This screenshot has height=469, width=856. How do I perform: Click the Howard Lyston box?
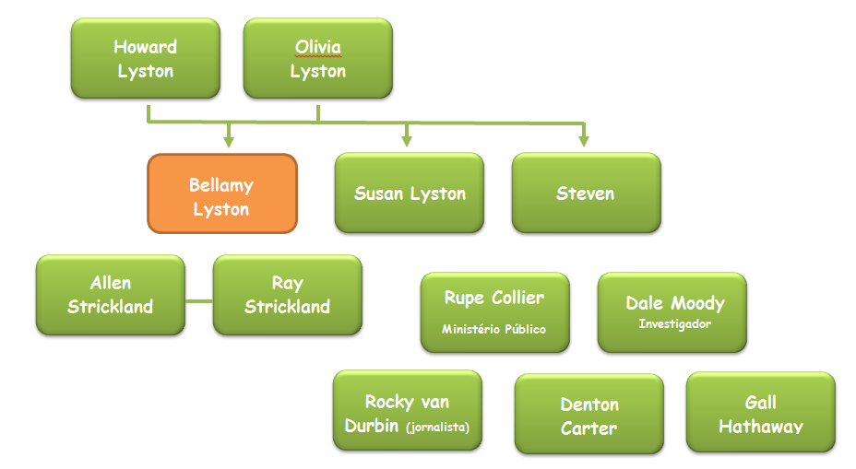click(x=145, y=58)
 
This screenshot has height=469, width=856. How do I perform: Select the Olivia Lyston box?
click(x=317, y=58)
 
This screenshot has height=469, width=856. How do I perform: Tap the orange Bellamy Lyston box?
click(x=222, y=193)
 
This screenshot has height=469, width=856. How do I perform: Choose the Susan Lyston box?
click(x=410, y=193)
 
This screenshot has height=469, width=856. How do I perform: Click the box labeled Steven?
click(x=587, y=193)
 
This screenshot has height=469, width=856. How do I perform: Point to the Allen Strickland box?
click(x=111, y=295)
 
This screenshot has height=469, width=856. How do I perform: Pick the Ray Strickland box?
click(x=288, y=295)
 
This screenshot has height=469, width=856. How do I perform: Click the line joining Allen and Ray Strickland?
click(x=199, y=301)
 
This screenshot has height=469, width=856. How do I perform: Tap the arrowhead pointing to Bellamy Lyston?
click(x=229, y=142)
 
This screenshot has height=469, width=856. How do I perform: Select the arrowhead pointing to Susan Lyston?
click(x=406, y=142)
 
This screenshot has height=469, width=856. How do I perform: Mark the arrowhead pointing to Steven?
click(x=584, y=142)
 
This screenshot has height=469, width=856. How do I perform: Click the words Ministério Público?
click(x=493, y=329)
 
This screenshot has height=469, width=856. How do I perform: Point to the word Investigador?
click(x=675, y=324)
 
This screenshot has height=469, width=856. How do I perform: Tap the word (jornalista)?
click(x=438, y=427)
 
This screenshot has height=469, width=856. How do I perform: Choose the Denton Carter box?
click(x=589, y=414)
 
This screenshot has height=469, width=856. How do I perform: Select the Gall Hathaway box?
click(x=760, y=412)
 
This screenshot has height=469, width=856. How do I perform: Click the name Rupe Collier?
click(x=494, y=298)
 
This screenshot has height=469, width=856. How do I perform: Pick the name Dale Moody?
click(x=675, y=303)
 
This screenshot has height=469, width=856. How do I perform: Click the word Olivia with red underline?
click(x=317, y=47)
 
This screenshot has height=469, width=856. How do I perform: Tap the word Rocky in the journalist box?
click(x=389, y=402)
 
